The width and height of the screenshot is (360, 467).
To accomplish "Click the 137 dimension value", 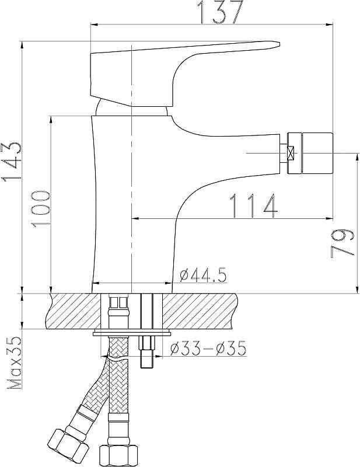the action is [x=221, y=11].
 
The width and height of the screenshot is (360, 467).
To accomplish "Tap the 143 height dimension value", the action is [x=12, y=162].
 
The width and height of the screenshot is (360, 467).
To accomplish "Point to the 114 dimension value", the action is [x=254, y=206].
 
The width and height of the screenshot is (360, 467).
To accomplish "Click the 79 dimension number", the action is [x=342, y=244].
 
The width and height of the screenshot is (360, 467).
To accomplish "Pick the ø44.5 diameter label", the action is [x=203, y=275].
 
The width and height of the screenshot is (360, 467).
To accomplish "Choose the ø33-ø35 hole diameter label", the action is [x=208, y=348].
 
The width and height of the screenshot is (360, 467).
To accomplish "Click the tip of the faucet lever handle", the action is [x=279, y=44].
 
